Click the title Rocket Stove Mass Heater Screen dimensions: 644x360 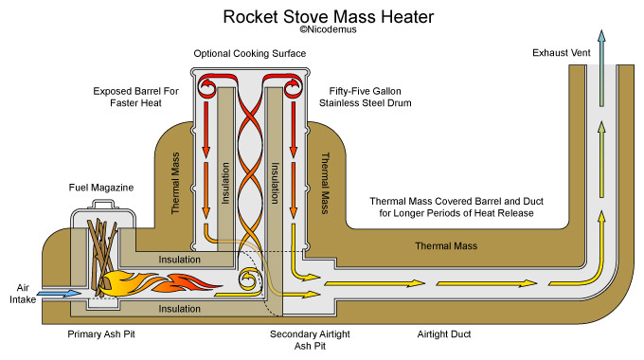pos(329,17)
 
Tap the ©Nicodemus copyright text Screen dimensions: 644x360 pos(328,29)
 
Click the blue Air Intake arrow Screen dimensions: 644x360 pos(59,294)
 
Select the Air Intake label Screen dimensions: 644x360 pos(23,294)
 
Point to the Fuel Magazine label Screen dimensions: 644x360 pos(101,188)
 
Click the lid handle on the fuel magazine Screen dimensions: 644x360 pos(103,205)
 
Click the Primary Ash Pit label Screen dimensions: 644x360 pos(101,334)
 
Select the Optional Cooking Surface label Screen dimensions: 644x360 pos(250,53)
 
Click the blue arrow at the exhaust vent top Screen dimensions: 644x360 pos(601,68)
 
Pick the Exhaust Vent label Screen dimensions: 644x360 pos(561,53)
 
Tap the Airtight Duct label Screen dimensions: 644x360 pos(444,334)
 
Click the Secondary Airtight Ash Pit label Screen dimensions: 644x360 pos(310,340)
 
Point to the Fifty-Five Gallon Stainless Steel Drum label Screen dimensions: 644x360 pos(366,97)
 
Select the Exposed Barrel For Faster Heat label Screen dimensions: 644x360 pos(136,97)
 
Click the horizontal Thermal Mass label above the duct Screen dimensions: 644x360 pos(446,246)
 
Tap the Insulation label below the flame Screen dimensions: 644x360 pos(180,309)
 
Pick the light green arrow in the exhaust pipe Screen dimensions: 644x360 pos(601,159)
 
